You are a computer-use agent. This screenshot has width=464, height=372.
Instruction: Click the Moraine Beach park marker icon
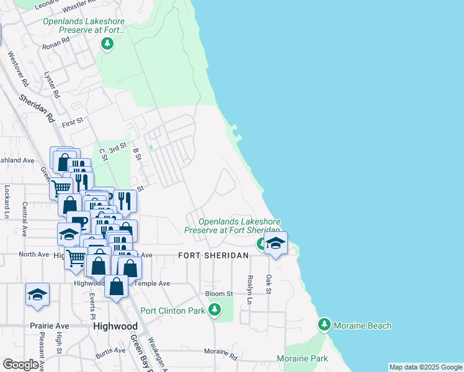point(324,324)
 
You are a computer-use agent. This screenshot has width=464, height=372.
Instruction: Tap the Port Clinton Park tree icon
point(215,309)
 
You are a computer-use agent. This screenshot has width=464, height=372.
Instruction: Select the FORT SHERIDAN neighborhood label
point(213,255)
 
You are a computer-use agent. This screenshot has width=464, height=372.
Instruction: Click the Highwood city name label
point(115,326)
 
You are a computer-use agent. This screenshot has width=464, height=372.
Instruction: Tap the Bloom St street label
point(219,293)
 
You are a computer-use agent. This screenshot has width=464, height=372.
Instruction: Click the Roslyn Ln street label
point(250,289)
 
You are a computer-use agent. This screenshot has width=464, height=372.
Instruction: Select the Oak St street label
point(269,285)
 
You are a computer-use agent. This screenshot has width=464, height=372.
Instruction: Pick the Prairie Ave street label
point(49,325)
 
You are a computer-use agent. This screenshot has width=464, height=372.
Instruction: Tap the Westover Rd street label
point(24,72)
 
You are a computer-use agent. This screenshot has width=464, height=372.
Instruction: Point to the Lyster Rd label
point(52,85)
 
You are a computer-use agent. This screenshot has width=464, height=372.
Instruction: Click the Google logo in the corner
point(20,365)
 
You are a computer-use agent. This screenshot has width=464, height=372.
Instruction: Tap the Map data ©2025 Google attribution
point(426,368)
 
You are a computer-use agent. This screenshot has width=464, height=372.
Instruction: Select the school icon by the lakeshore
point(276,244)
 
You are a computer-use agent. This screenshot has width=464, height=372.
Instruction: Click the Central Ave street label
point(25,219)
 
